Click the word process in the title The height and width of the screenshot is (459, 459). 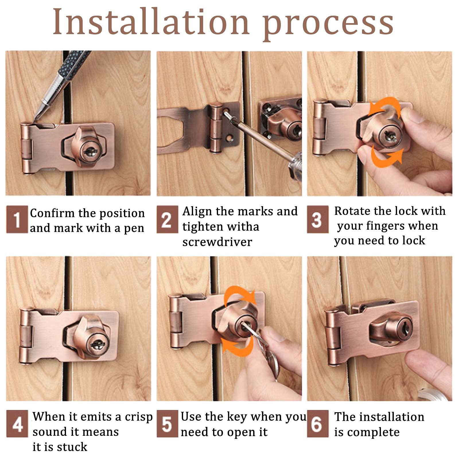[328, 25]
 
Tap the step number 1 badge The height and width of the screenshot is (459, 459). [17, 219]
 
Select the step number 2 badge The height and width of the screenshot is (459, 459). [167, 219]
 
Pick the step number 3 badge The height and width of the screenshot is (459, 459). [318, 219]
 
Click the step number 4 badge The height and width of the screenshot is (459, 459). [17, 424]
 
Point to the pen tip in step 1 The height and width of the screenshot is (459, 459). [34, 120]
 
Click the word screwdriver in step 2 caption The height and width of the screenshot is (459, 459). [217, 242]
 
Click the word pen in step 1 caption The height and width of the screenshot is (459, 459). [134, 229]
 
